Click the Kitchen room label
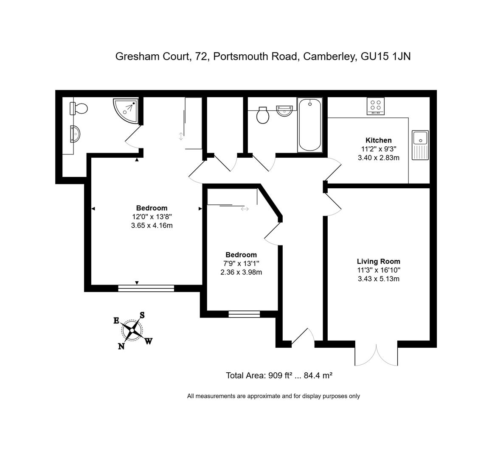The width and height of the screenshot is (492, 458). [378, 140]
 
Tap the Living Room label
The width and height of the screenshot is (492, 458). [378, 262]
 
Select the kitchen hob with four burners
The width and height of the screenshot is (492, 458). [376, 106]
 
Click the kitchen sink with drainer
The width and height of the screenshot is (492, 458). [420, 145]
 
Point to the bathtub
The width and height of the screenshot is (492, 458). [310, 125]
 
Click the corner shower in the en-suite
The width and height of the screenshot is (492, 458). [126, 111]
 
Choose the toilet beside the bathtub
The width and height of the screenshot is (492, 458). [263, 115]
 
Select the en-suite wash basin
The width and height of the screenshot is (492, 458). [75, 134]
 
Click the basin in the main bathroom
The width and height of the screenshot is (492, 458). [284, 111]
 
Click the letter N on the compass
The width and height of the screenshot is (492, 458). [121, 346]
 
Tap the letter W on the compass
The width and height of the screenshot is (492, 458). [149, 341]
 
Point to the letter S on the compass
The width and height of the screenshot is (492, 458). [142, 315]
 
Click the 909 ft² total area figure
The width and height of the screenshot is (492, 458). [280, 375]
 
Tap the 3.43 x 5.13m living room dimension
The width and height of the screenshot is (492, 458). [378, 279]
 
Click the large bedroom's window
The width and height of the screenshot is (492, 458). [146, 288]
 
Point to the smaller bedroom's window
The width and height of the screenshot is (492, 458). [244, 314]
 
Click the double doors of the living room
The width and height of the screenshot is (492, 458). [376, 353]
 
